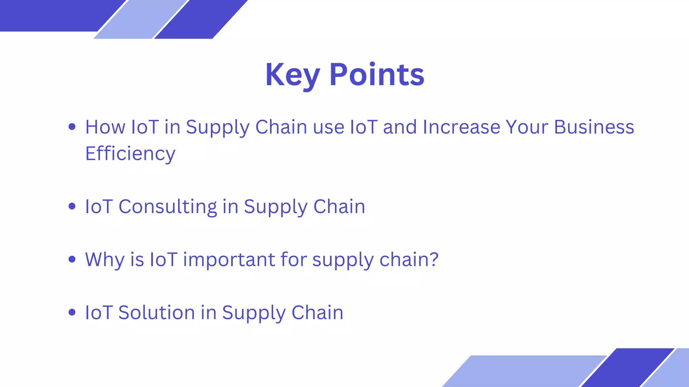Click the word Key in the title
pos(292,75)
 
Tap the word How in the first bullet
pos(105,127)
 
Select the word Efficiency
pos(130,154)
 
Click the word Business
pos(594,127)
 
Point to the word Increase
pos(461,127)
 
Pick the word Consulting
pos(168,207)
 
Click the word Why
pos(105,260)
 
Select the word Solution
pos(156,313)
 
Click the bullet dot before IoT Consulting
pos(72,206)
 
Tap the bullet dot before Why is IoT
pos(72,259)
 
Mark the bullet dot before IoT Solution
pos(72,312)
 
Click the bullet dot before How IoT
pos(72,127)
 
